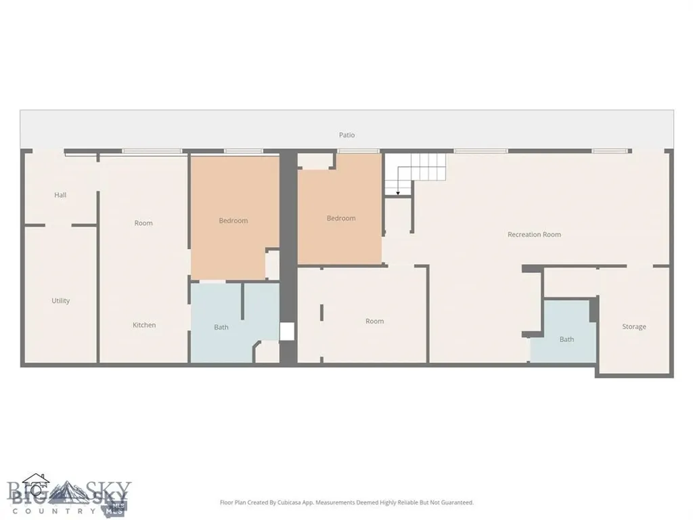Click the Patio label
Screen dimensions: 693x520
tap(347, 135)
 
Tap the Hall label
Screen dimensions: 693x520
tap(60, 195)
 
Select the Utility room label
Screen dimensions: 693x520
tap(60, 301)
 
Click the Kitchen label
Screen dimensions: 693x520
tap(144, 325)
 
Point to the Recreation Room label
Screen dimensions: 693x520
tap(534, 234)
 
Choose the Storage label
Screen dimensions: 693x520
tap(633, 327)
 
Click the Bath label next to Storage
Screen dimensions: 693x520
tap(566, 339)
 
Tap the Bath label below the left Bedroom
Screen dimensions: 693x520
tap(221, 327)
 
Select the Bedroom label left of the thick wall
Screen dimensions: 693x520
tap(233, 221)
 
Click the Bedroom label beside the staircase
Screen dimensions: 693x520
tap(341, 218)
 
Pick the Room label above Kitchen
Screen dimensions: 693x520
tap(143, 223)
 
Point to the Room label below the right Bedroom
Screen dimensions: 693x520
tap(374, 321)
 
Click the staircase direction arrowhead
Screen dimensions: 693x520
tap(398, 193)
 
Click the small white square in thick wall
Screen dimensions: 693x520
tap(287, 332)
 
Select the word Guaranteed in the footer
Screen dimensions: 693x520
tap(457, 502)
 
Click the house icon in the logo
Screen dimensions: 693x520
tap(37, 485)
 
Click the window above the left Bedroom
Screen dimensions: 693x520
tap(244, 151)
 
